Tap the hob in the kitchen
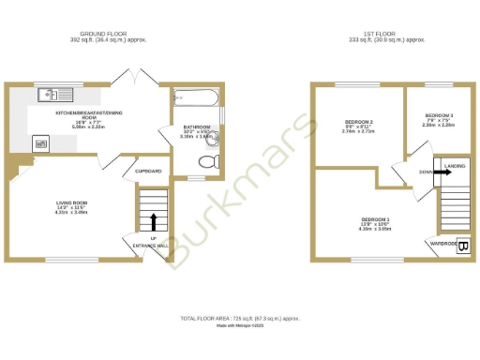[x=40, y=142]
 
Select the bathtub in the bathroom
[x=195, y=97]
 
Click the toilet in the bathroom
[x=209, y=161]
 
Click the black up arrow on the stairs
[x=154, y=221]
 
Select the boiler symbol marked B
[x=462, y=246]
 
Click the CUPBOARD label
[x=149, y=172]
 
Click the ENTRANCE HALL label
[x=150, y=245]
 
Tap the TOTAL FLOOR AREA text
[x=239, y=320]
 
